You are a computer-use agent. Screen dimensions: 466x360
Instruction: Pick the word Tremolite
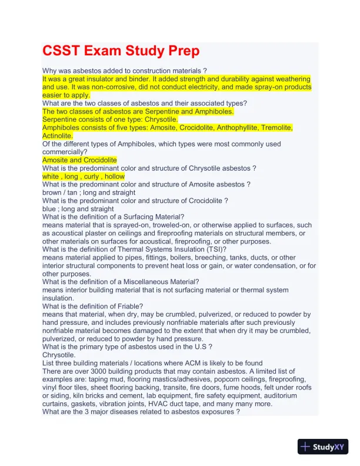pyautogui.click(x=274, y=127)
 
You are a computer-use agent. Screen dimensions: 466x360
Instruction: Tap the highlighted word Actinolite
pyautogui.click(x=57, y=135)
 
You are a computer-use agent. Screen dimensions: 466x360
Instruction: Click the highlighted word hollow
pyautogui.click(x=114, y=176)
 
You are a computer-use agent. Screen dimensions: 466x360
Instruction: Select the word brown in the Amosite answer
pyautogui.click(x=52, y=192)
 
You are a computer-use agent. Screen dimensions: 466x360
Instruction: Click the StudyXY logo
pyautogui.click(x=324, y=447)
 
